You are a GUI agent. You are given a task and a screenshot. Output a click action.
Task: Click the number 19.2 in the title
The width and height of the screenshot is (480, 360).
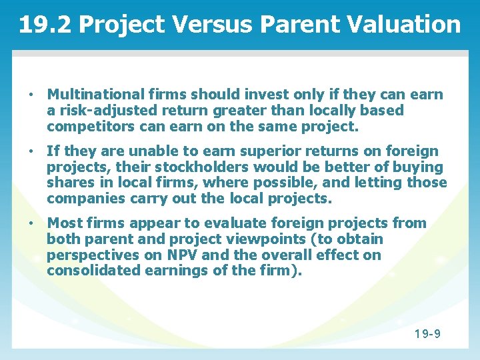click(46, 25)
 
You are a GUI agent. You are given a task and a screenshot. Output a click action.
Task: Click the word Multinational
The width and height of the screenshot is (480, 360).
click(97, 95)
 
